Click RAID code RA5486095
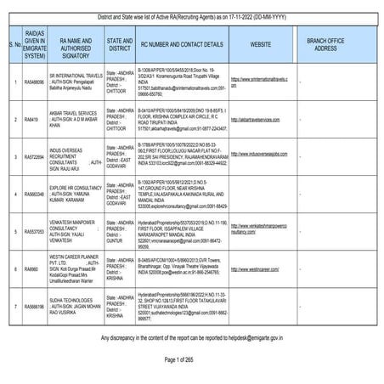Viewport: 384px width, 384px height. [34, 82]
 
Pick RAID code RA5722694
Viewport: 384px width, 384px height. [34, 157]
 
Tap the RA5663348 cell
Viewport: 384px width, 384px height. [34, 195]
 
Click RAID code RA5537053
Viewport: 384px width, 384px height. [34, 232]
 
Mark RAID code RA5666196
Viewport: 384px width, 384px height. [34, 306]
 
